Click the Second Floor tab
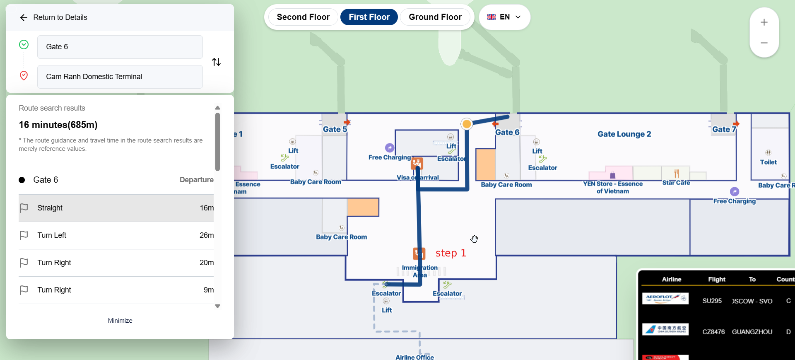(303, 17)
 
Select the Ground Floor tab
(435, 17)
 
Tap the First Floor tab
(369, 17)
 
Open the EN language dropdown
(504, 17)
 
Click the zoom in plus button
(764, 22)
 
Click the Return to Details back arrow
(24, 17)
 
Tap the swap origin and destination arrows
(216, 62)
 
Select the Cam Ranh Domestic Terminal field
(120, 77)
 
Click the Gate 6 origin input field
(120, 47)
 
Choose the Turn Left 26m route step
(116, 235)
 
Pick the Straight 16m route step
(116, 208)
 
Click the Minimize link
(120, 321)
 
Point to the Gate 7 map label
(721, 129)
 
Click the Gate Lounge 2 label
(624, 134)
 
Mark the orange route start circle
(467, 124)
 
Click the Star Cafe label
(676, 183)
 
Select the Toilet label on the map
(768, 162)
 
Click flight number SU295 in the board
(712, 301)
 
